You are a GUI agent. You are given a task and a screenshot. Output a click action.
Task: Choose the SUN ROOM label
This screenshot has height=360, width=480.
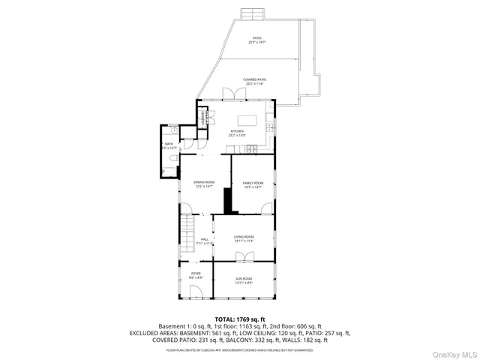244,280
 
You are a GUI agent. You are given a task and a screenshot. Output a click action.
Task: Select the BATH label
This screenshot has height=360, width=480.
169,145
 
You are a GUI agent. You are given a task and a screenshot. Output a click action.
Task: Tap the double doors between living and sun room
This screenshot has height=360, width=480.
243,257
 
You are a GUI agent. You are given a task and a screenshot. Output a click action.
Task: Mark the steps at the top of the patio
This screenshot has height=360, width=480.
252,15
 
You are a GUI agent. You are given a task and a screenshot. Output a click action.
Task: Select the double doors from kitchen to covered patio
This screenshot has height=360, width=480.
229,94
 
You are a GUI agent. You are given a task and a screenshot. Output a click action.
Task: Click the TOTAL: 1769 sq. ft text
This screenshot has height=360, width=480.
240,319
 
